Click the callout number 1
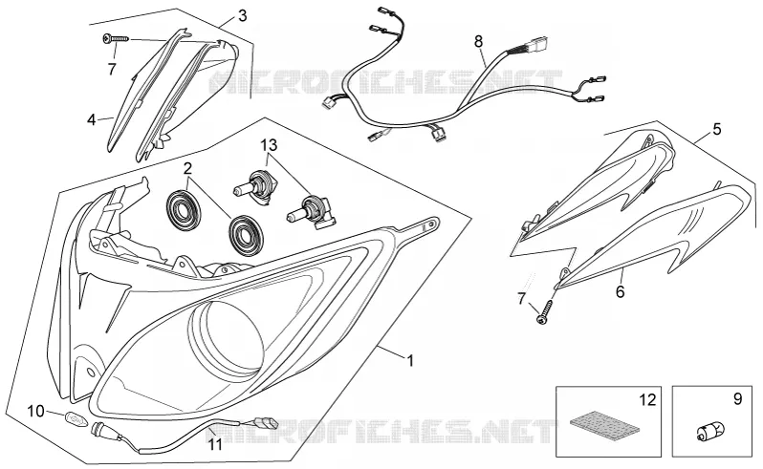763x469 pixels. tap(410, 361)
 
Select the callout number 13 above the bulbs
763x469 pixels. tap(268, 145)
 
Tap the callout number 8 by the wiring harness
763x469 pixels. tap(478, 42)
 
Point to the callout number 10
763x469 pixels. tap(35, 411)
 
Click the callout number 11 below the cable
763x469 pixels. tap(215, 444)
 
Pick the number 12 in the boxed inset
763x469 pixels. tap(647, 399)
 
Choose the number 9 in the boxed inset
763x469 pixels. tap(738, 399)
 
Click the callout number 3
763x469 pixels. tap(242, 16)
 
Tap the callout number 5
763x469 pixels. tap(717, 129)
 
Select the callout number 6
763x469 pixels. tap(620, 291)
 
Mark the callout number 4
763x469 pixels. tap(92, 119)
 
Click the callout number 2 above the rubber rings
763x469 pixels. tap(187, 169)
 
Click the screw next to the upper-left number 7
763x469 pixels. tap(116, 38)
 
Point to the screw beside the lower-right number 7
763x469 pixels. tap(545, 310)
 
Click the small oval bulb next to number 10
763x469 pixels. tap(76, 416)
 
